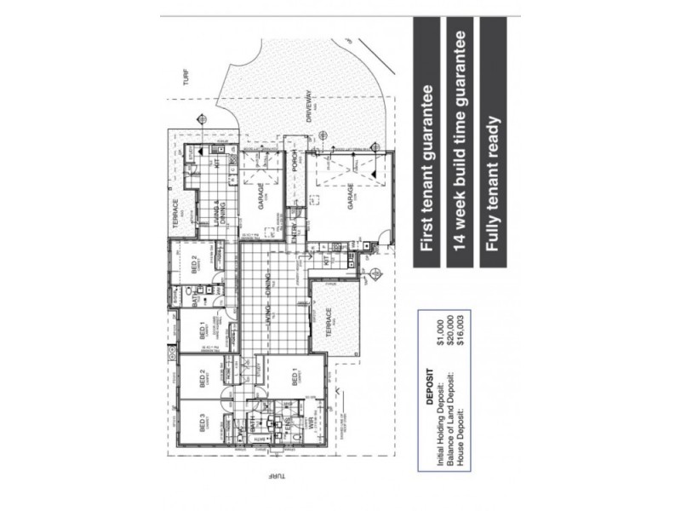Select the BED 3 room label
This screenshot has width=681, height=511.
(203, 423)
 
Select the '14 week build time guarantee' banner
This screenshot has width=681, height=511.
(461, 141)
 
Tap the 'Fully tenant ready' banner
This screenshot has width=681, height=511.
(492, 183)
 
